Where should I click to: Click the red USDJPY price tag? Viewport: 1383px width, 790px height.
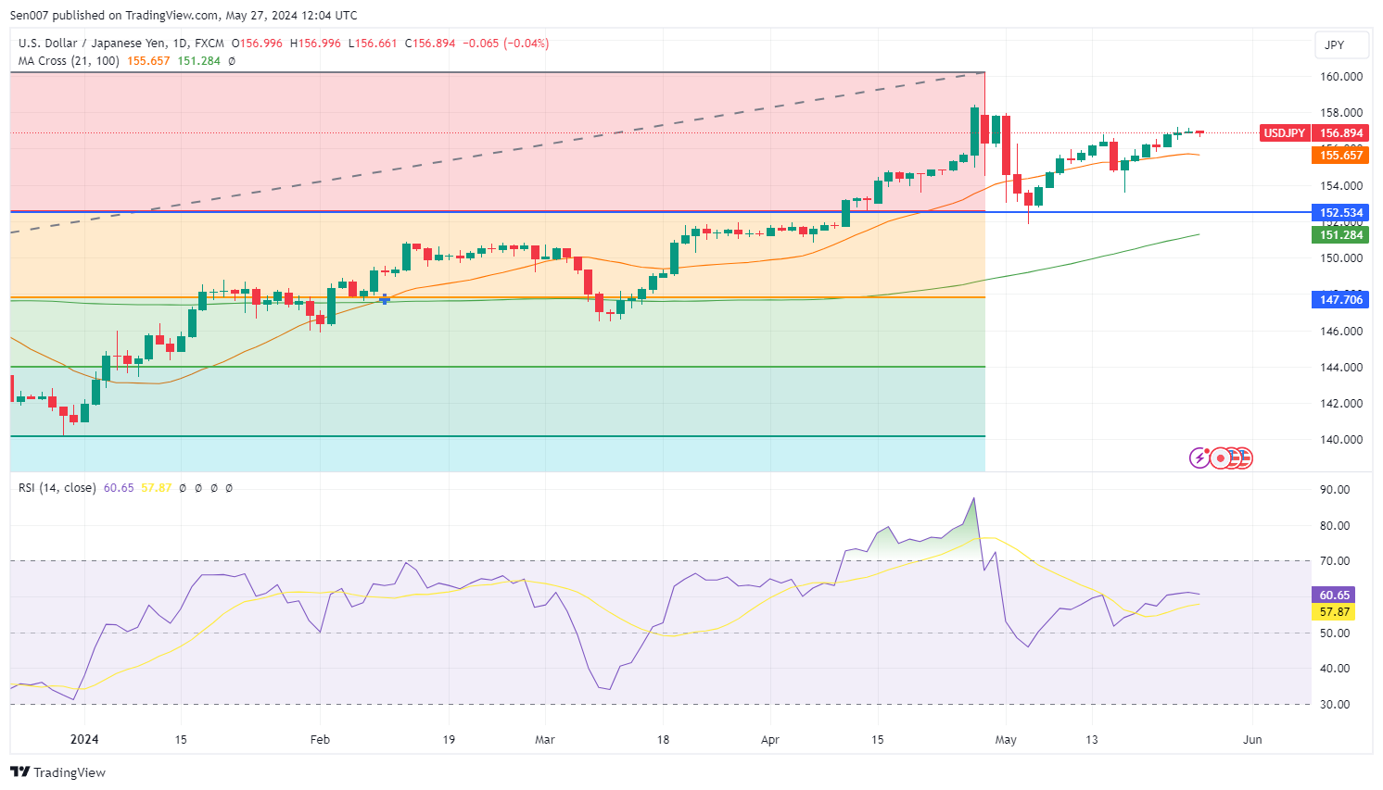(1284, 133)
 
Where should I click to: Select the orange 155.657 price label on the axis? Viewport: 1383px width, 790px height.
(1340, 156)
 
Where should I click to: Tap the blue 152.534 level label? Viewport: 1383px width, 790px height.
(1340, 213)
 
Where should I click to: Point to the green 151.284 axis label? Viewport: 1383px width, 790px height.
(1340, 235)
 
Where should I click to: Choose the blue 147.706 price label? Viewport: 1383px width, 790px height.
(1340, 300)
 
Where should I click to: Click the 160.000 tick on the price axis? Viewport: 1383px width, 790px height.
(1340, 77)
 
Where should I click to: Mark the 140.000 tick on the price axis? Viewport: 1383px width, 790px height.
(1340, 440)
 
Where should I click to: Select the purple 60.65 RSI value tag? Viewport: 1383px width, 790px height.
(1334, 596)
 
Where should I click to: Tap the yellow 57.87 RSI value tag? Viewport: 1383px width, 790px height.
(1334, 612)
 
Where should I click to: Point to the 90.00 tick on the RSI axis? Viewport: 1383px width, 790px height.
(1336, 490)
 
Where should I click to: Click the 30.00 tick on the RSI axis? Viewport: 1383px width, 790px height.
(1336, 705)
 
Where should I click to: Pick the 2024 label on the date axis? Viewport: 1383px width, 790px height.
(84, 740)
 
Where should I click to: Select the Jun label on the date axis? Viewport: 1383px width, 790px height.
(1252, 740)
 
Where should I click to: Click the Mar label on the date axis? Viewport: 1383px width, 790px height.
(545, 740)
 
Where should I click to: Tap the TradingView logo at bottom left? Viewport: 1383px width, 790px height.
(57, 772)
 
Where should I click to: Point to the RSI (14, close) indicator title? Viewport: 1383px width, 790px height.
(57, 488)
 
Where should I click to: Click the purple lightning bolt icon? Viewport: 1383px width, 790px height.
(1199, 458)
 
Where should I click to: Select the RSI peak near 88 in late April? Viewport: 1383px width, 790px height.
(973, 499)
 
